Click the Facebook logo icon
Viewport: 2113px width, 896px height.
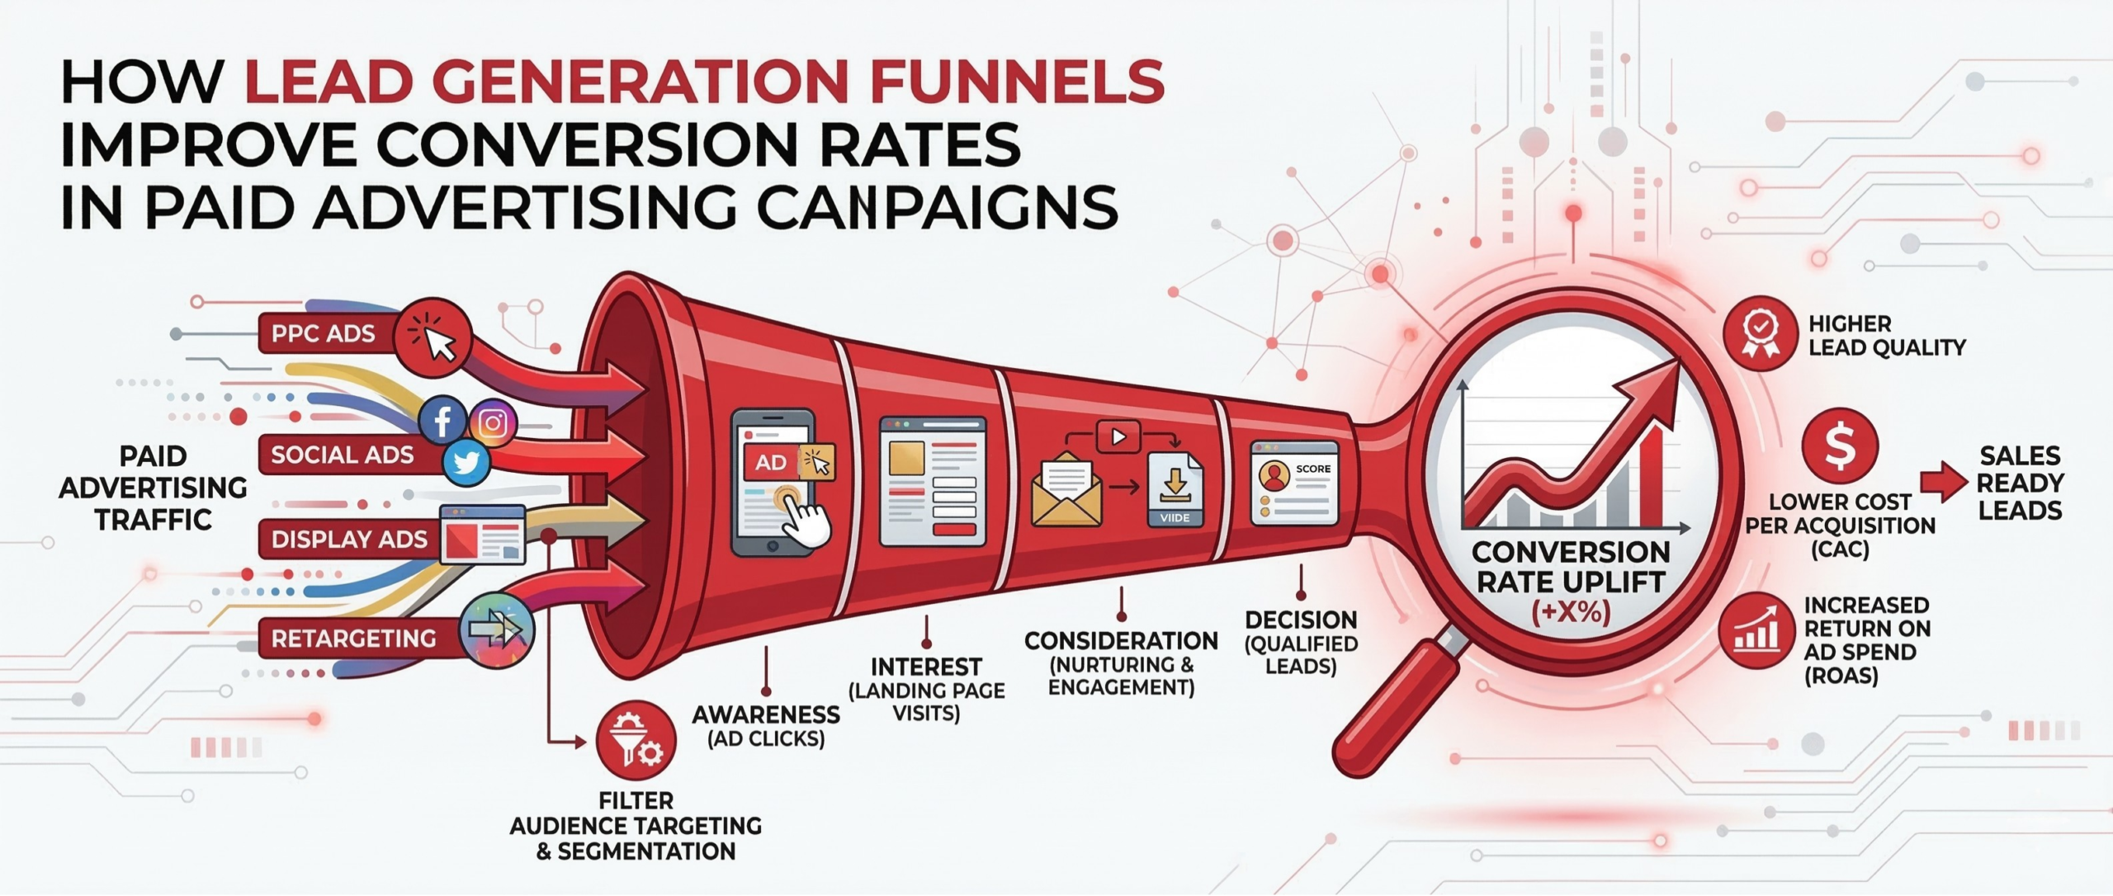pyautogui.click(x=443, y=421)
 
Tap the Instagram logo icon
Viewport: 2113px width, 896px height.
pyautogui.click(x=494, y=423)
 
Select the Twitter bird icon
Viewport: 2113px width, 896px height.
pyautogui.click(x=466, y=464)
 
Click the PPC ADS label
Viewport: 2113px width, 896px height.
pyautogui.click(x=323, y=333)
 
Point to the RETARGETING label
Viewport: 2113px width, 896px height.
pyautogui.click(x=353, y=638)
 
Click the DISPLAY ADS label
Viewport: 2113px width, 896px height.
pyautogui.click(x=349, y=540)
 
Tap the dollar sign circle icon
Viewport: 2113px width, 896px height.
pyautogui.click(x=1840, y=446)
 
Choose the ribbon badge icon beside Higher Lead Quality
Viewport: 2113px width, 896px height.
pyautogui.click(x=1761, y=333)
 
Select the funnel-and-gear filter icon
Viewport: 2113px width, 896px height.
pyautogui.click(x=636, y=741)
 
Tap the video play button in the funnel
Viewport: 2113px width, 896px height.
pyautogui.click(x=1118, y=436)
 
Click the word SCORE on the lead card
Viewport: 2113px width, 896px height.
pyautogui.click(x=1312, y=469)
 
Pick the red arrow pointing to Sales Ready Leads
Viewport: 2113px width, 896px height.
pyautogui.click(x=1944, y=483)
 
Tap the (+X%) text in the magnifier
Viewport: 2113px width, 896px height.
pyautogui.click(x=1571, y=613)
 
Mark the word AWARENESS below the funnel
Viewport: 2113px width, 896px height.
pyautogui.click(x=766, y=714)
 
